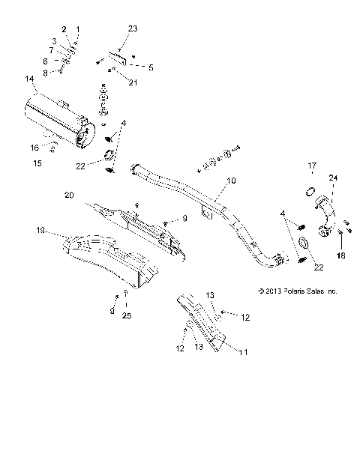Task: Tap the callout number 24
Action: tap(332, 199)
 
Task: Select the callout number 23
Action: tap(133, 29)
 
